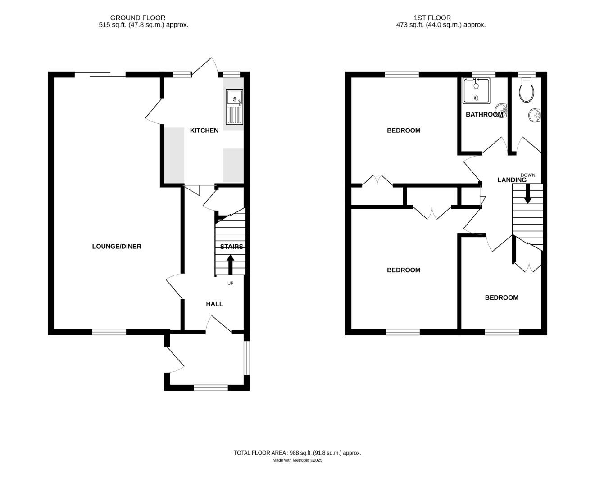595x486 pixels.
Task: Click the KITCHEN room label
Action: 204,130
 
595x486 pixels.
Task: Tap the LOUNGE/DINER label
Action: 117,247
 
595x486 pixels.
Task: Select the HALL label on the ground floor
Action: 214,304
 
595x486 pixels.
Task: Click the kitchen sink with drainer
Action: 234,107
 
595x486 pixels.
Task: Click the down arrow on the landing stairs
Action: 527,194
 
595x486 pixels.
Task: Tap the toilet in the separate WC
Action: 526,90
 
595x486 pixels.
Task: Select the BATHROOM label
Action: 484,115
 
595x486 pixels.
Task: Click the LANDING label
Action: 512,180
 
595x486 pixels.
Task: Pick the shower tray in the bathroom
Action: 476,90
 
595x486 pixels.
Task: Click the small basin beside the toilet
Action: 535,115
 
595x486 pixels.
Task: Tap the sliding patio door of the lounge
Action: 100,75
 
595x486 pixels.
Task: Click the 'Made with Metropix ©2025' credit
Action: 297,460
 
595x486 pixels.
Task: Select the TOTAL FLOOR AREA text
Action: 297,453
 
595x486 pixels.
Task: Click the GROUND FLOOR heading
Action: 138,18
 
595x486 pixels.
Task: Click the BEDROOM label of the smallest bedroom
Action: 501,297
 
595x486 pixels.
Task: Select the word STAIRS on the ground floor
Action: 232,247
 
